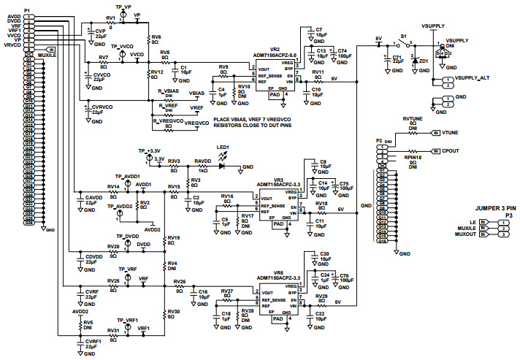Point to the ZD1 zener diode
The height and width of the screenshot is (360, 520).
(x=415, y=61)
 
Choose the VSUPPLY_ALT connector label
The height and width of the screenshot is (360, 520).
(x=471, y=77)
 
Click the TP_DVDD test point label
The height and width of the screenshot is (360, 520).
(x=127, y=236)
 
